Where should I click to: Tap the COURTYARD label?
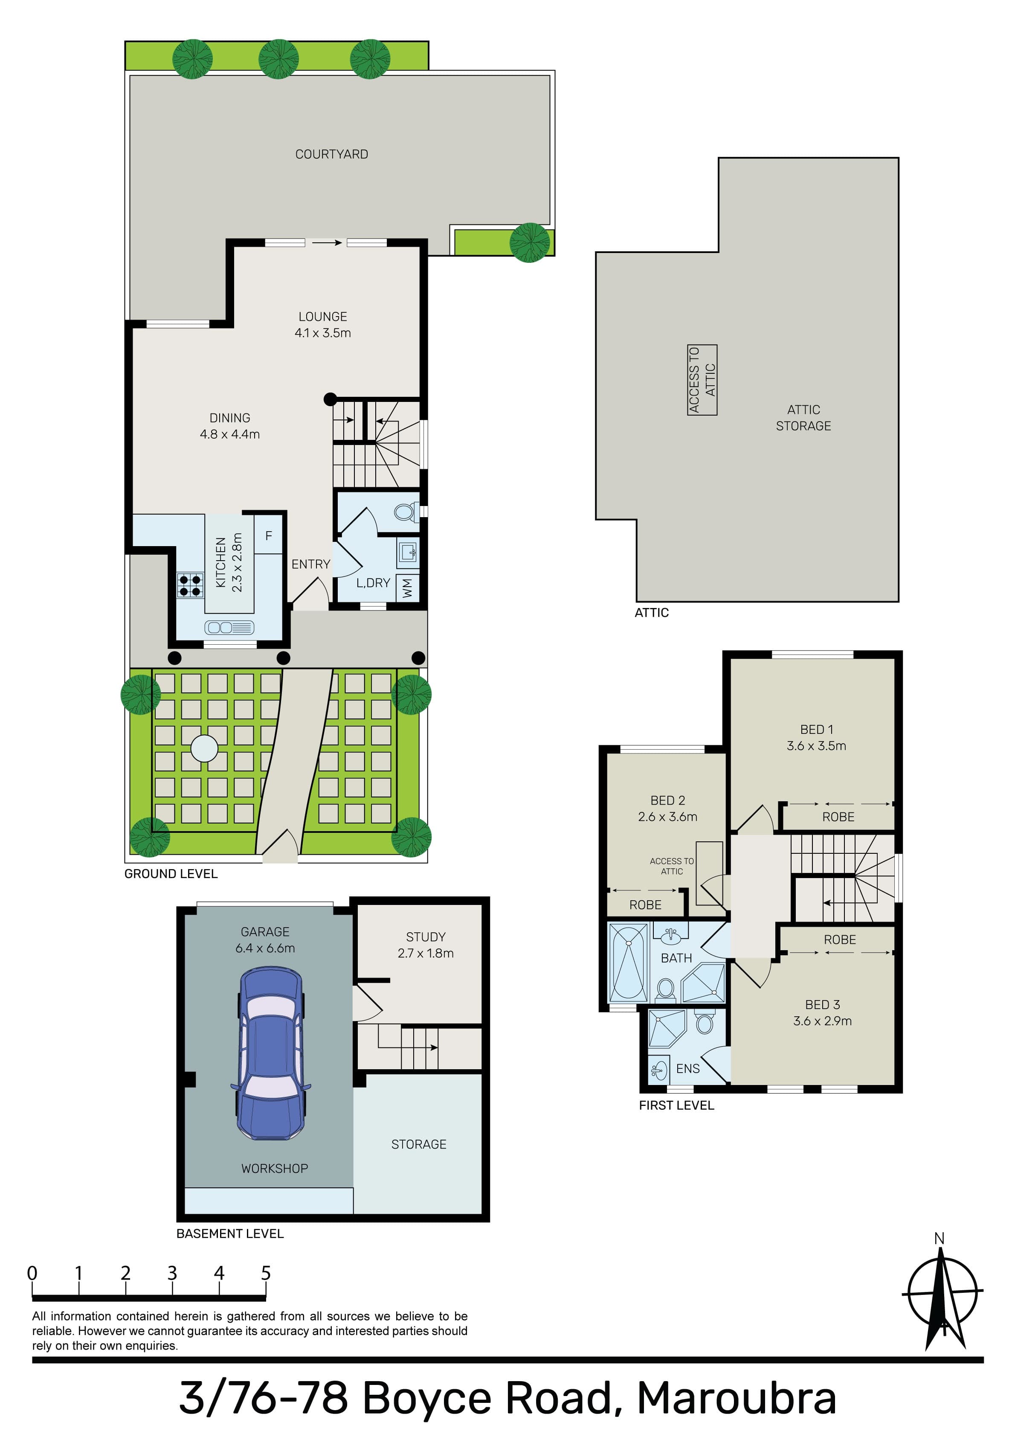tap(332, 154)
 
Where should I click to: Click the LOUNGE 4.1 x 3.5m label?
tap(323, 325)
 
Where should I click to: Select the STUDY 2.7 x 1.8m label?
tap(426, 945)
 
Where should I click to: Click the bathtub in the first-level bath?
tap(629, 963)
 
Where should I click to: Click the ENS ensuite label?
tap(688, 1068)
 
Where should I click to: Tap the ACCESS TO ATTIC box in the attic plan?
tap(702, 380)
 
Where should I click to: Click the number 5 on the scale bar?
tap(266, 1273)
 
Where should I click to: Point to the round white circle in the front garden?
tap(204, 748)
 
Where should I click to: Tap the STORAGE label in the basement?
tap(419, 1144)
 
